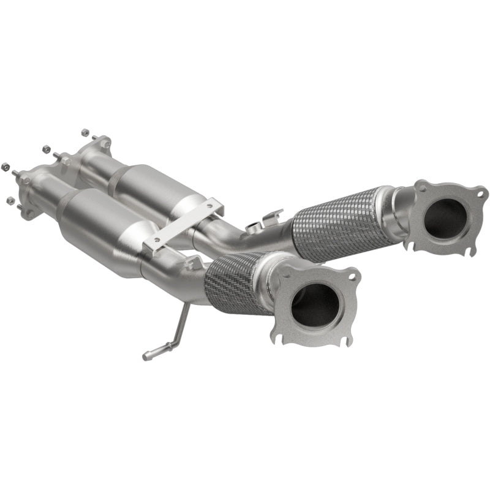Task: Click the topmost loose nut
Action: (85, 132)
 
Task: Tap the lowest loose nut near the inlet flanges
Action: (9, 200)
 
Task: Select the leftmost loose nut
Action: (6, 166)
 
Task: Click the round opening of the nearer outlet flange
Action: (315, 304)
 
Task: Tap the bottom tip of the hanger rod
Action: (146, 355)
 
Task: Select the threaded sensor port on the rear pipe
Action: (252, 228)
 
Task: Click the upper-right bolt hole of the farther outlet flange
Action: (479, 194)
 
